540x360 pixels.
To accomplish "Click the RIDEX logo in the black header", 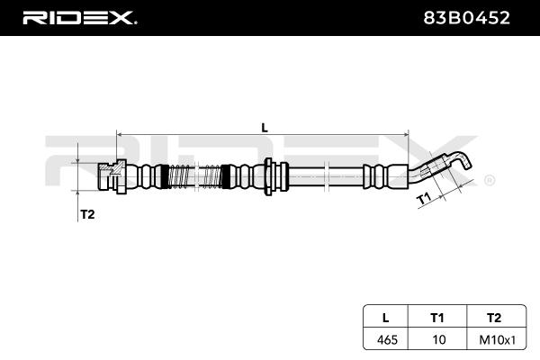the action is [79, 18].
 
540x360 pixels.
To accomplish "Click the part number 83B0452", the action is [466, 18].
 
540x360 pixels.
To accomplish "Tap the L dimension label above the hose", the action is [265, 128].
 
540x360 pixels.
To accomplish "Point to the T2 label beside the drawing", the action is [87, 214].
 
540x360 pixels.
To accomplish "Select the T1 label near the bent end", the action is [424, 199].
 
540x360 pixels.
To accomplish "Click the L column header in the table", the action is [386, 318].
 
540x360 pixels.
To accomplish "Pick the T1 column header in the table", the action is [437, 318].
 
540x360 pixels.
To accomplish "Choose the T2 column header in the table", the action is [494, 318].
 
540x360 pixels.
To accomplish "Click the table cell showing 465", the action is [387, 339].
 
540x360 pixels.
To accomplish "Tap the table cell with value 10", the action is [439, 339].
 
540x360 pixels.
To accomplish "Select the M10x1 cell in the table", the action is [498, 340].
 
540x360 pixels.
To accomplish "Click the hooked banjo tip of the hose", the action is [462, 160].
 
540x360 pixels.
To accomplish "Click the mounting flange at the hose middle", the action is [268, 176].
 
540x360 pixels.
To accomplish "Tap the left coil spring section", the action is [179, 176].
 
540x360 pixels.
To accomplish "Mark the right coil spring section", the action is [211, 176].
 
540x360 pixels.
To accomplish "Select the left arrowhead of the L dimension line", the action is [119, 133].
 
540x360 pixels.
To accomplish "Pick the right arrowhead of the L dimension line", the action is [406, 133].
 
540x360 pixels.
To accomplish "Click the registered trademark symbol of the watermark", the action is [490, 181].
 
